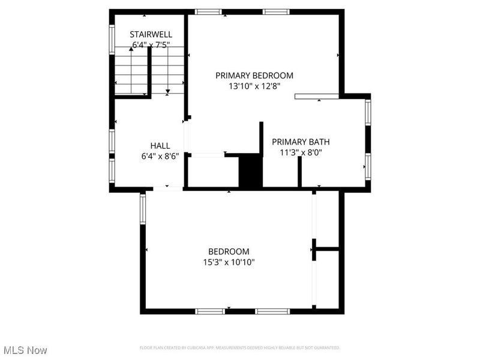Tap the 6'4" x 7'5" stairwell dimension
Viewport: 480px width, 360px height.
151,44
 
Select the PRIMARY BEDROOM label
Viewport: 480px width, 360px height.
254,76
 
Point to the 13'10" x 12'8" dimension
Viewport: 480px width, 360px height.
254,86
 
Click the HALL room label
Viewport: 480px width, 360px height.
160,146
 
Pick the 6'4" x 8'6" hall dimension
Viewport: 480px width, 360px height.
160,156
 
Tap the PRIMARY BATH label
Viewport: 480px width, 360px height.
301,142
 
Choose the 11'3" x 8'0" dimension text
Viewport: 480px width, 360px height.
301,152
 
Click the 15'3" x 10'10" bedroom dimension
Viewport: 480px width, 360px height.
228,262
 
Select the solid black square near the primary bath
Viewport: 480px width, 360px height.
251,172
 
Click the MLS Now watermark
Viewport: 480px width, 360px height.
25,350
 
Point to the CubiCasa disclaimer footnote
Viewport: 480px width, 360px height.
240,348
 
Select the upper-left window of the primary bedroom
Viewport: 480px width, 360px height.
209,11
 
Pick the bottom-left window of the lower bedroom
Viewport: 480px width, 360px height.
211,311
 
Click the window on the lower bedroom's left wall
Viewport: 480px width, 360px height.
143,209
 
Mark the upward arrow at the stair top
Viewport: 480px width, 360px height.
131,49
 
